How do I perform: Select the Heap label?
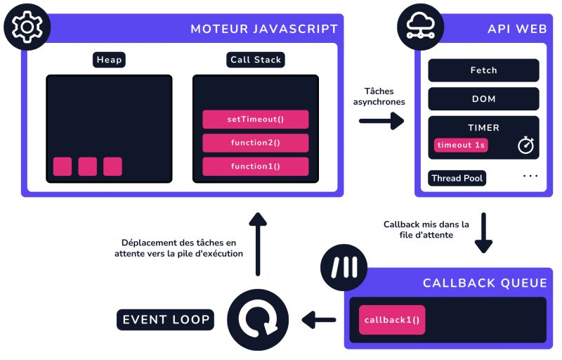click(x=109, y=60)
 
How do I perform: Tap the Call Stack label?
click(x=255, y=60)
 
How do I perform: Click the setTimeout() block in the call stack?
click(x=255, y=119)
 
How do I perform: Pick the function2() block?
click(x=255, y=143)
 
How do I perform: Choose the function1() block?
click(x=255, y=167)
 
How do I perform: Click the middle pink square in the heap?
click(x=88, y=166)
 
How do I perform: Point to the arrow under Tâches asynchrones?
click(x=381, y=121)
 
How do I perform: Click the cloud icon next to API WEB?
click(x=421, y=27)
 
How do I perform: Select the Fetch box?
click(x=483, y=70)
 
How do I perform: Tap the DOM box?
click(x=483, y=98)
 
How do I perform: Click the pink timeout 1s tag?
click(x=461, y=145)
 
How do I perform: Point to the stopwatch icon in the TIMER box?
click(x=526, y=144)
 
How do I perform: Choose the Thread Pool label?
click(x=457, y=178)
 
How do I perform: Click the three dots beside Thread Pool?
click(x=530, y=175)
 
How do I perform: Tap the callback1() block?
click(x=391, y=319)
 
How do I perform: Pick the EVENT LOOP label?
click(x=166, y=320)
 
